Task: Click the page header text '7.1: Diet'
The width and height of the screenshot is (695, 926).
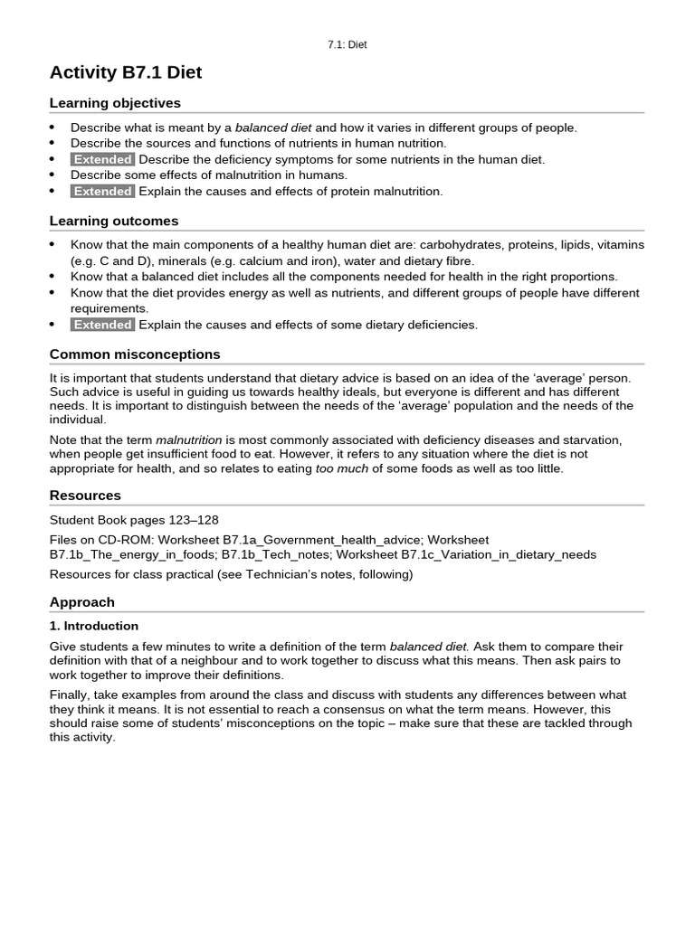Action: [347, 44]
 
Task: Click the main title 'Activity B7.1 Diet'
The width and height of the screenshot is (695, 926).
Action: [125, 73]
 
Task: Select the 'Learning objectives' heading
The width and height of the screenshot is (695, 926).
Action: [115, 103]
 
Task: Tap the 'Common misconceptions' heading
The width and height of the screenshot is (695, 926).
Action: [135, 354]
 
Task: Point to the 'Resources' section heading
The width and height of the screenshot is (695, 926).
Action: [85, 496]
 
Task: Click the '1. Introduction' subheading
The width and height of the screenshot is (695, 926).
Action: [94, 626]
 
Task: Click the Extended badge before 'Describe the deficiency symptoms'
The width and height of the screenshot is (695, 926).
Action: [102, 159]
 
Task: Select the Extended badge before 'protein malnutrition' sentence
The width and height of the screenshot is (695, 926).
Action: [102, 192]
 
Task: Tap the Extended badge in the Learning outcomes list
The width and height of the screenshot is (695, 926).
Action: [102, 325]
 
